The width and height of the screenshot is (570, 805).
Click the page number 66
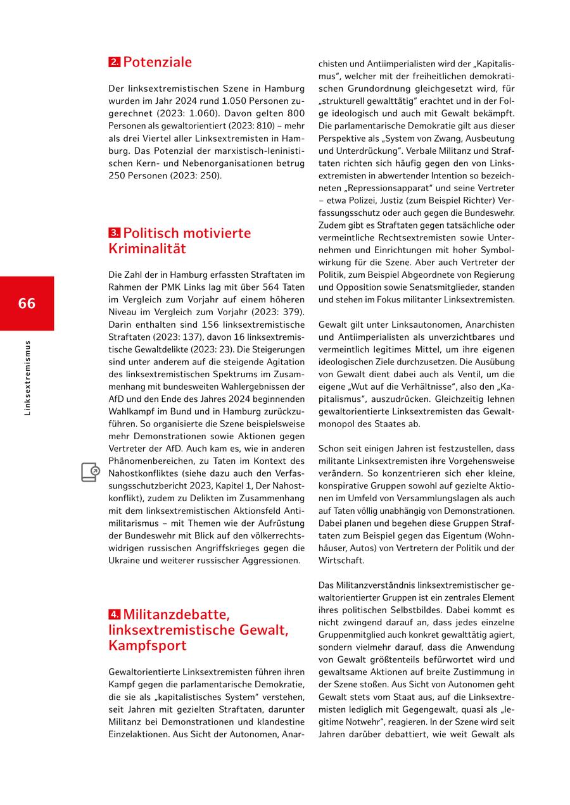pos(27,303)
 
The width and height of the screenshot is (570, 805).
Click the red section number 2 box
pos(114,63)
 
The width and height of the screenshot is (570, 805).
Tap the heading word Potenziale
pos(157,62)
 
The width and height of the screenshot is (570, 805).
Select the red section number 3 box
pos(114,233)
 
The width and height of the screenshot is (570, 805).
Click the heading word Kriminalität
pos(147,249)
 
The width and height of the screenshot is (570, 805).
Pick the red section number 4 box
pos(114,614)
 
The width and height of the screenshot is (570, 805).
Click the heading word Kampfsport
pos(148,646)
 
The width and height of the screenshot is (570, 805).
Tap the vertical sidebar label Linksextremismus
pos(27,378)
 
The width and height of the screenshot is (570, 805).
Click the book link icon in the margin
pos(90,472)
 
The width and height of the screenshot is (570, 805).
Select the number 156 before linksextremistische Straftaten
pos(174,325)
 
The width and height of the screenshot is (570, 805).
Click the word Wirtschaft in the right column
pos(340,560)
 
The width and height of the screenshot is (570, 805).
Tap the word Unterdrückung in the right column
pos(370,151)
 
